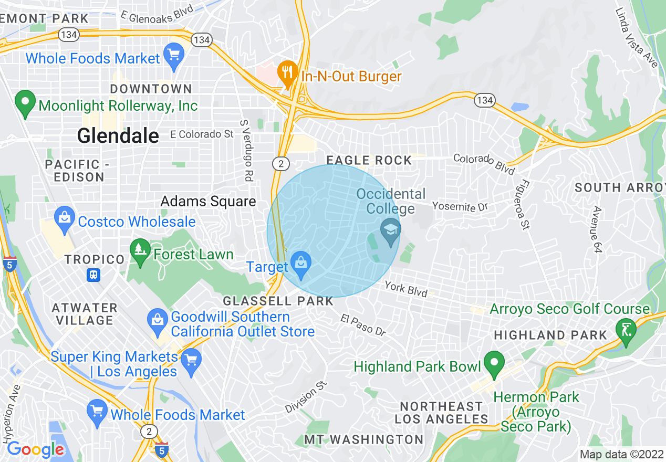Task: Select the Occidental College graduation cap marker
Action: click(x=390, y=233)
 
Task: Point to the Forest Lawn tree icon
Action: click(x=140, y=253)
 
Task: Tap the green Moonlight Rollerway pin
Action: click(x=25, y=103)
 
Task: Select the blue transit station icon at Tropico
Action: click(x=94, y=275)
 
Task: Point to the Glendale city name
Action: click(x=118, y=136)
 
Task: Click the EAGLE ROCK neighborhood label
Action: click(x=369, y=161)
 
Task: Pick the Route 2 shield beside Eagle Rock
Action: click(x=281, y=164)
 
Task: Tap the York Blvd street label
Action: click(x=405, y=289)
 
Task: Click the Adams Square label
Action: click(x=208, y=202)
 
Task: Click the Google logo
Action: click(x=35, y=449)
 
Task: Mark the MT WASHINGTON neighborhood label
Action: click(x=364, y=439)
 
